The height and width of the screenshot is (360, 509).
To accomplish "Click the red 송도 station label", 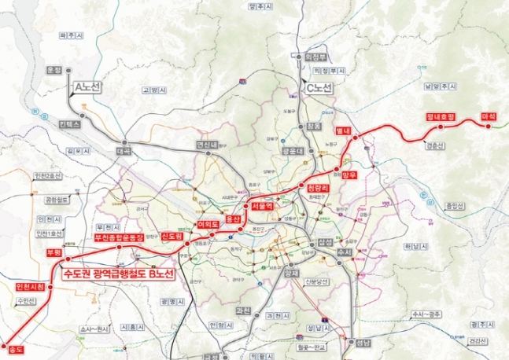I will coord(13,346).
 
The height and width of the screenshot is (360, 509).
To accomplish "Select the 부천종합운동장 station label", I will coord(120,237).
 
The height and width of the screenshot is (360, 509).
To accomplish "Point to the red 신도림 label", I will coord(172,237).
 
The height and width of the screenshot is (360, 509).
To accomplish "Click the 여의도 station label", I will coord(208,225).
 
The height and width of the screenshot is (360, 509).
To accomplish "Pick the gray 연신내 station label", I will coord(207,145).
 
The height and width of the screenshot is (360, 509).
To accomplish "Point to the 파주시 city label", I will coord(72,36).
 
